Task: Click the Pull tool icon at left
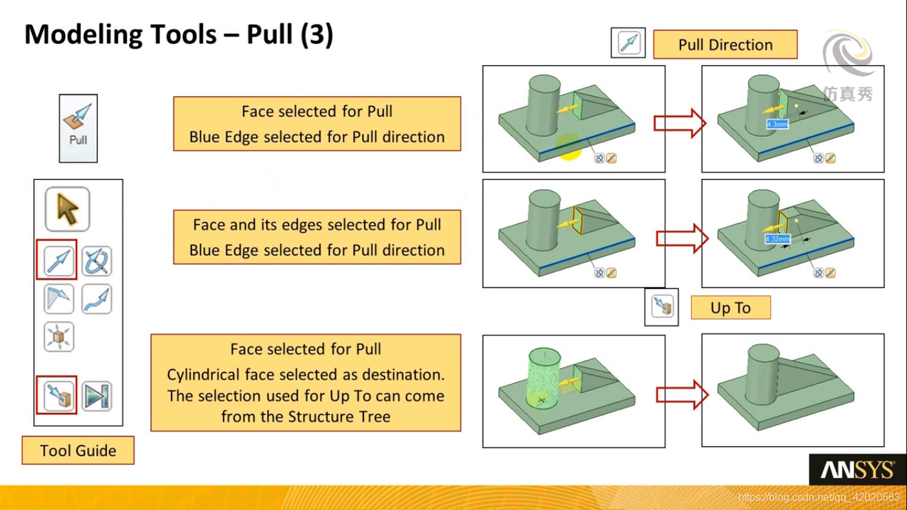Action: pyautogui.click(x=78, y=127)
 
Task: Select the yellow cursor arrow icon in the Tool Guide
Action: pyautogui.click(x=67, y=209)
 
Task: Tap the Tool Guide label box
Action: pyautogui.click(x=78, y=450)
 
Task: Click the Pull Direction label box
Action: pyautogui.click(x=725, y=44)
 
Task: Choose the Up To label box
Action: pyautogui.click(x=730, y=307)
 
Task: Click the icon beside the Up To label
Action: pyautogui.click(x=661, y=307)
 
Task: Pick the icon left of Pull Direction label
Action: pyautogui.click(x=627, y=42)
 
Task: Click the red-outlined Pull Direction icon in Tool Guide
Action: pyautogui.click(x=57, y=260)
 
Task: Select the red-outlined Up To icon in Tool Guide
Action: pyautogui.click(x=57, y=394)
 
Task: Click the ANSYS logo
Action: pyautogui.click(x=857, y=470)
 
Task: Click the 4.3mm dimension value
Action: pyautogui.click(x=777, y=124)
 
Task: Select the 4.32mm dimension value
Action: pyautogui.click(x=778, y=239)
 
